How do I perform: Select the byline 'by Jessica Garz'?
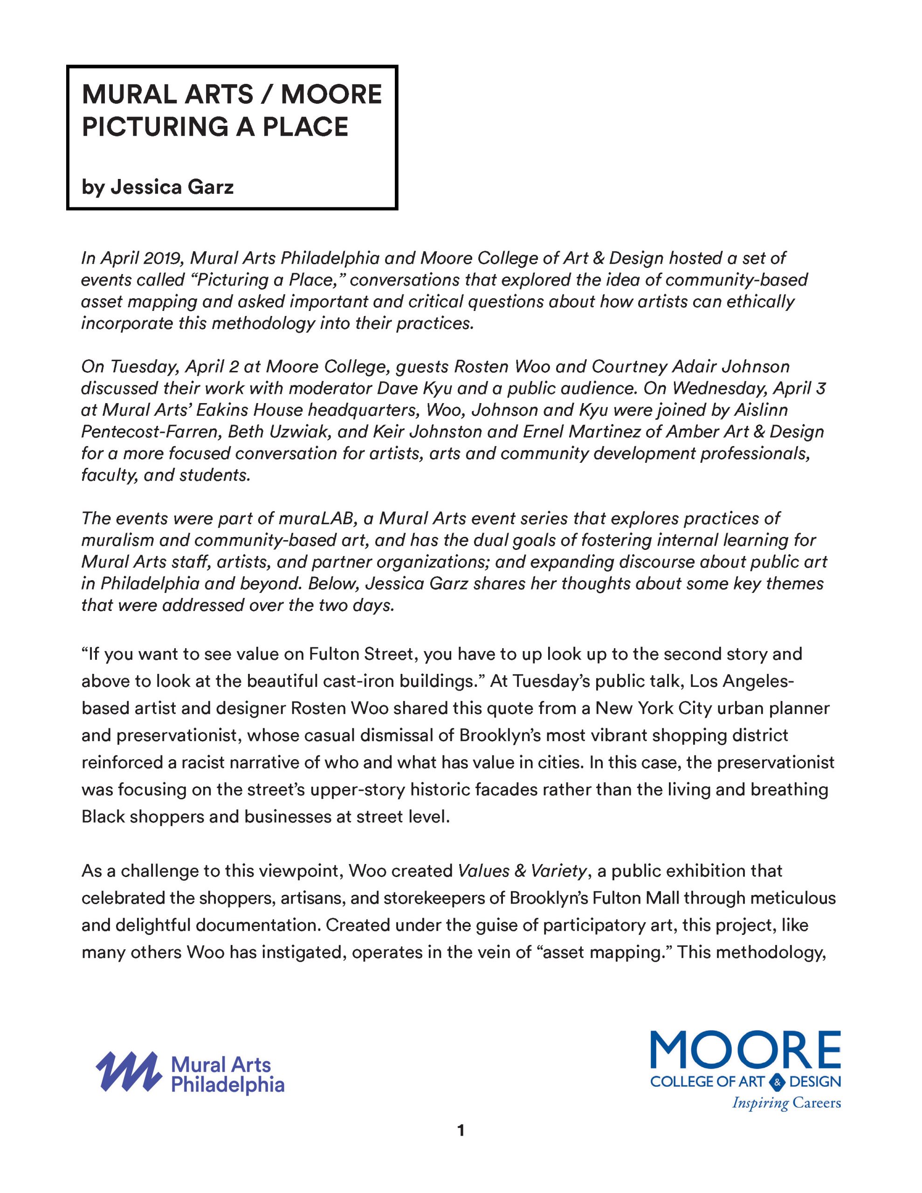[158, 187]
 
